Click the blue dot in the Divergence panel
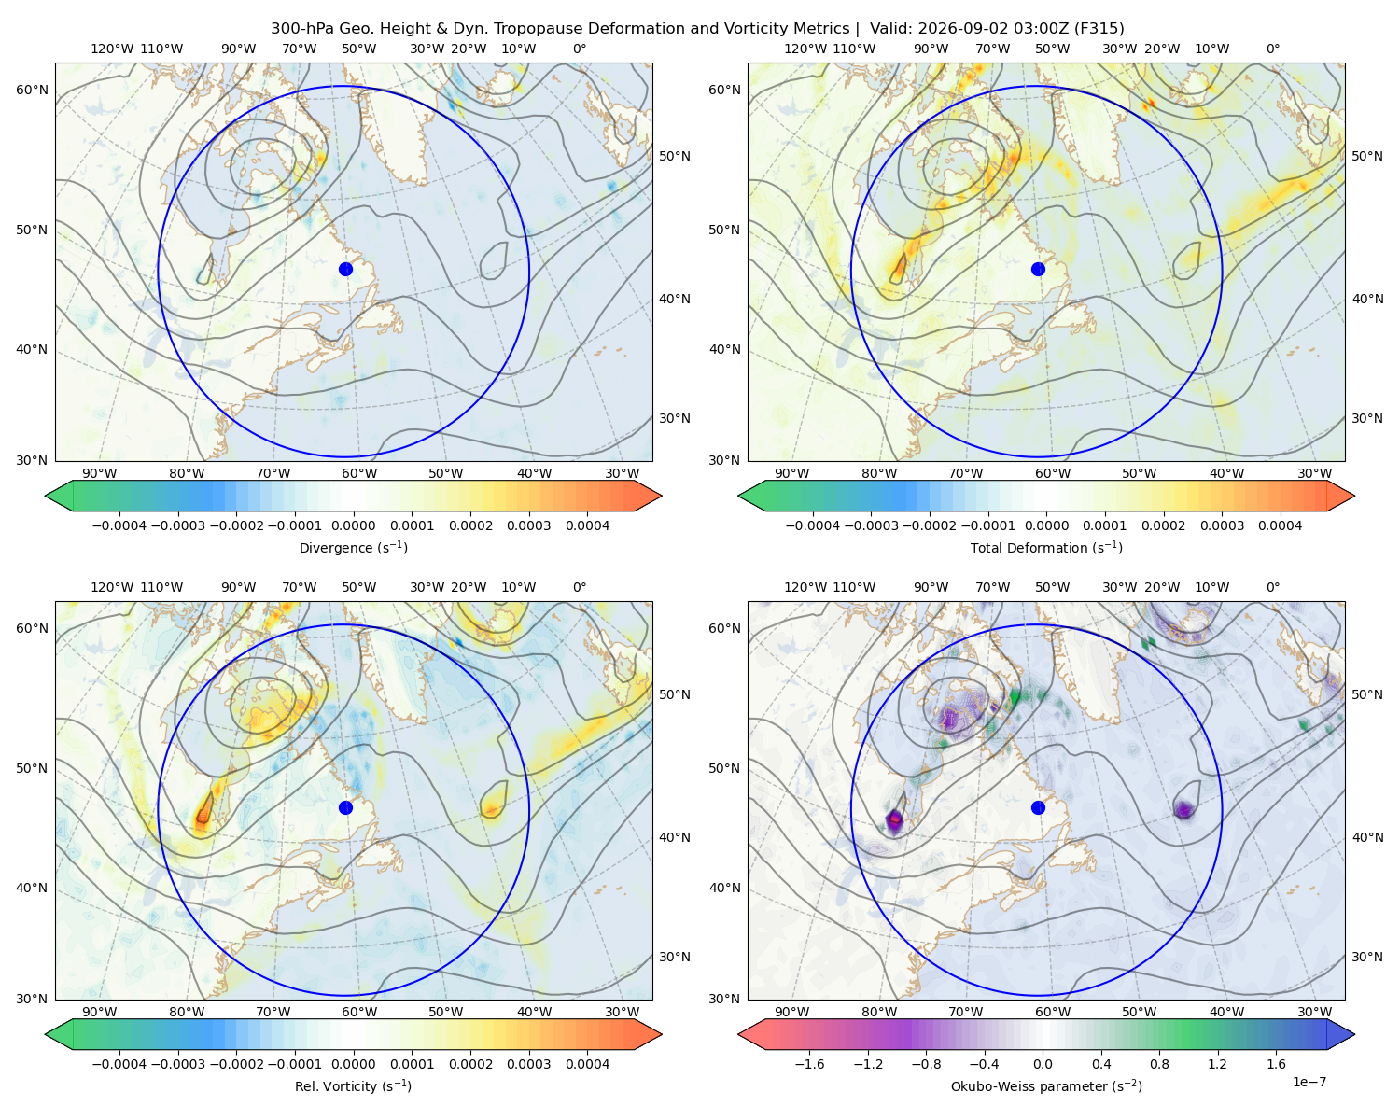tap(345, 270)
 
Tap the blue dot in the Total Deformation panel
tap(1038, 270)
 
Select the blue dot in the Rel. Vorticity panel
tap(345, 807)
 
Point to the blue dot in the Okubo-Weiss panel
tap(1038, 807)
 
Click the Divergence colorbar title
tap(353, 548)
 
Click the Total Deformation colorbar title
tap(1046, 548)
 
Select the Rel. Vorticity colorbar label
tap(353, 1086)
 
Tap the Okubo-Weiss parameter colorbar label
tap(1046, 1086)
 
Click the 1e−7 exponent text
tap(1309, 1082)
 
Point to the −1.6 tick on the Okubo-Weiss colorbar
tap(809, 1064)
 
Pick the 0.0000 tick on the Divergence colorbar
tap(353, 525)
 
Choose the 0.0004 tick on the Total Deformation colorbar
tap(1280, 525)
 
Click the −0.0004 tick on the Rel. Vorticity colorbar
tap(119, 1064)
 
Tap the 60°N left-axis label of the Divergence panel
tap(32, 90)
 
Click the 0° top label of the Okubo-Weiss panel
tap(1272, 587)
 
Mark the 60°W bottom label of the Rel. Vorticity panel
tap(359, 1012)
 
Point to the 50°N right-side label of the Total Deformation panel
tap(1366, 156)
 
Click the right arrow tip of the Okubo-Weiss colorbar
tap(1354, 1034)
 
